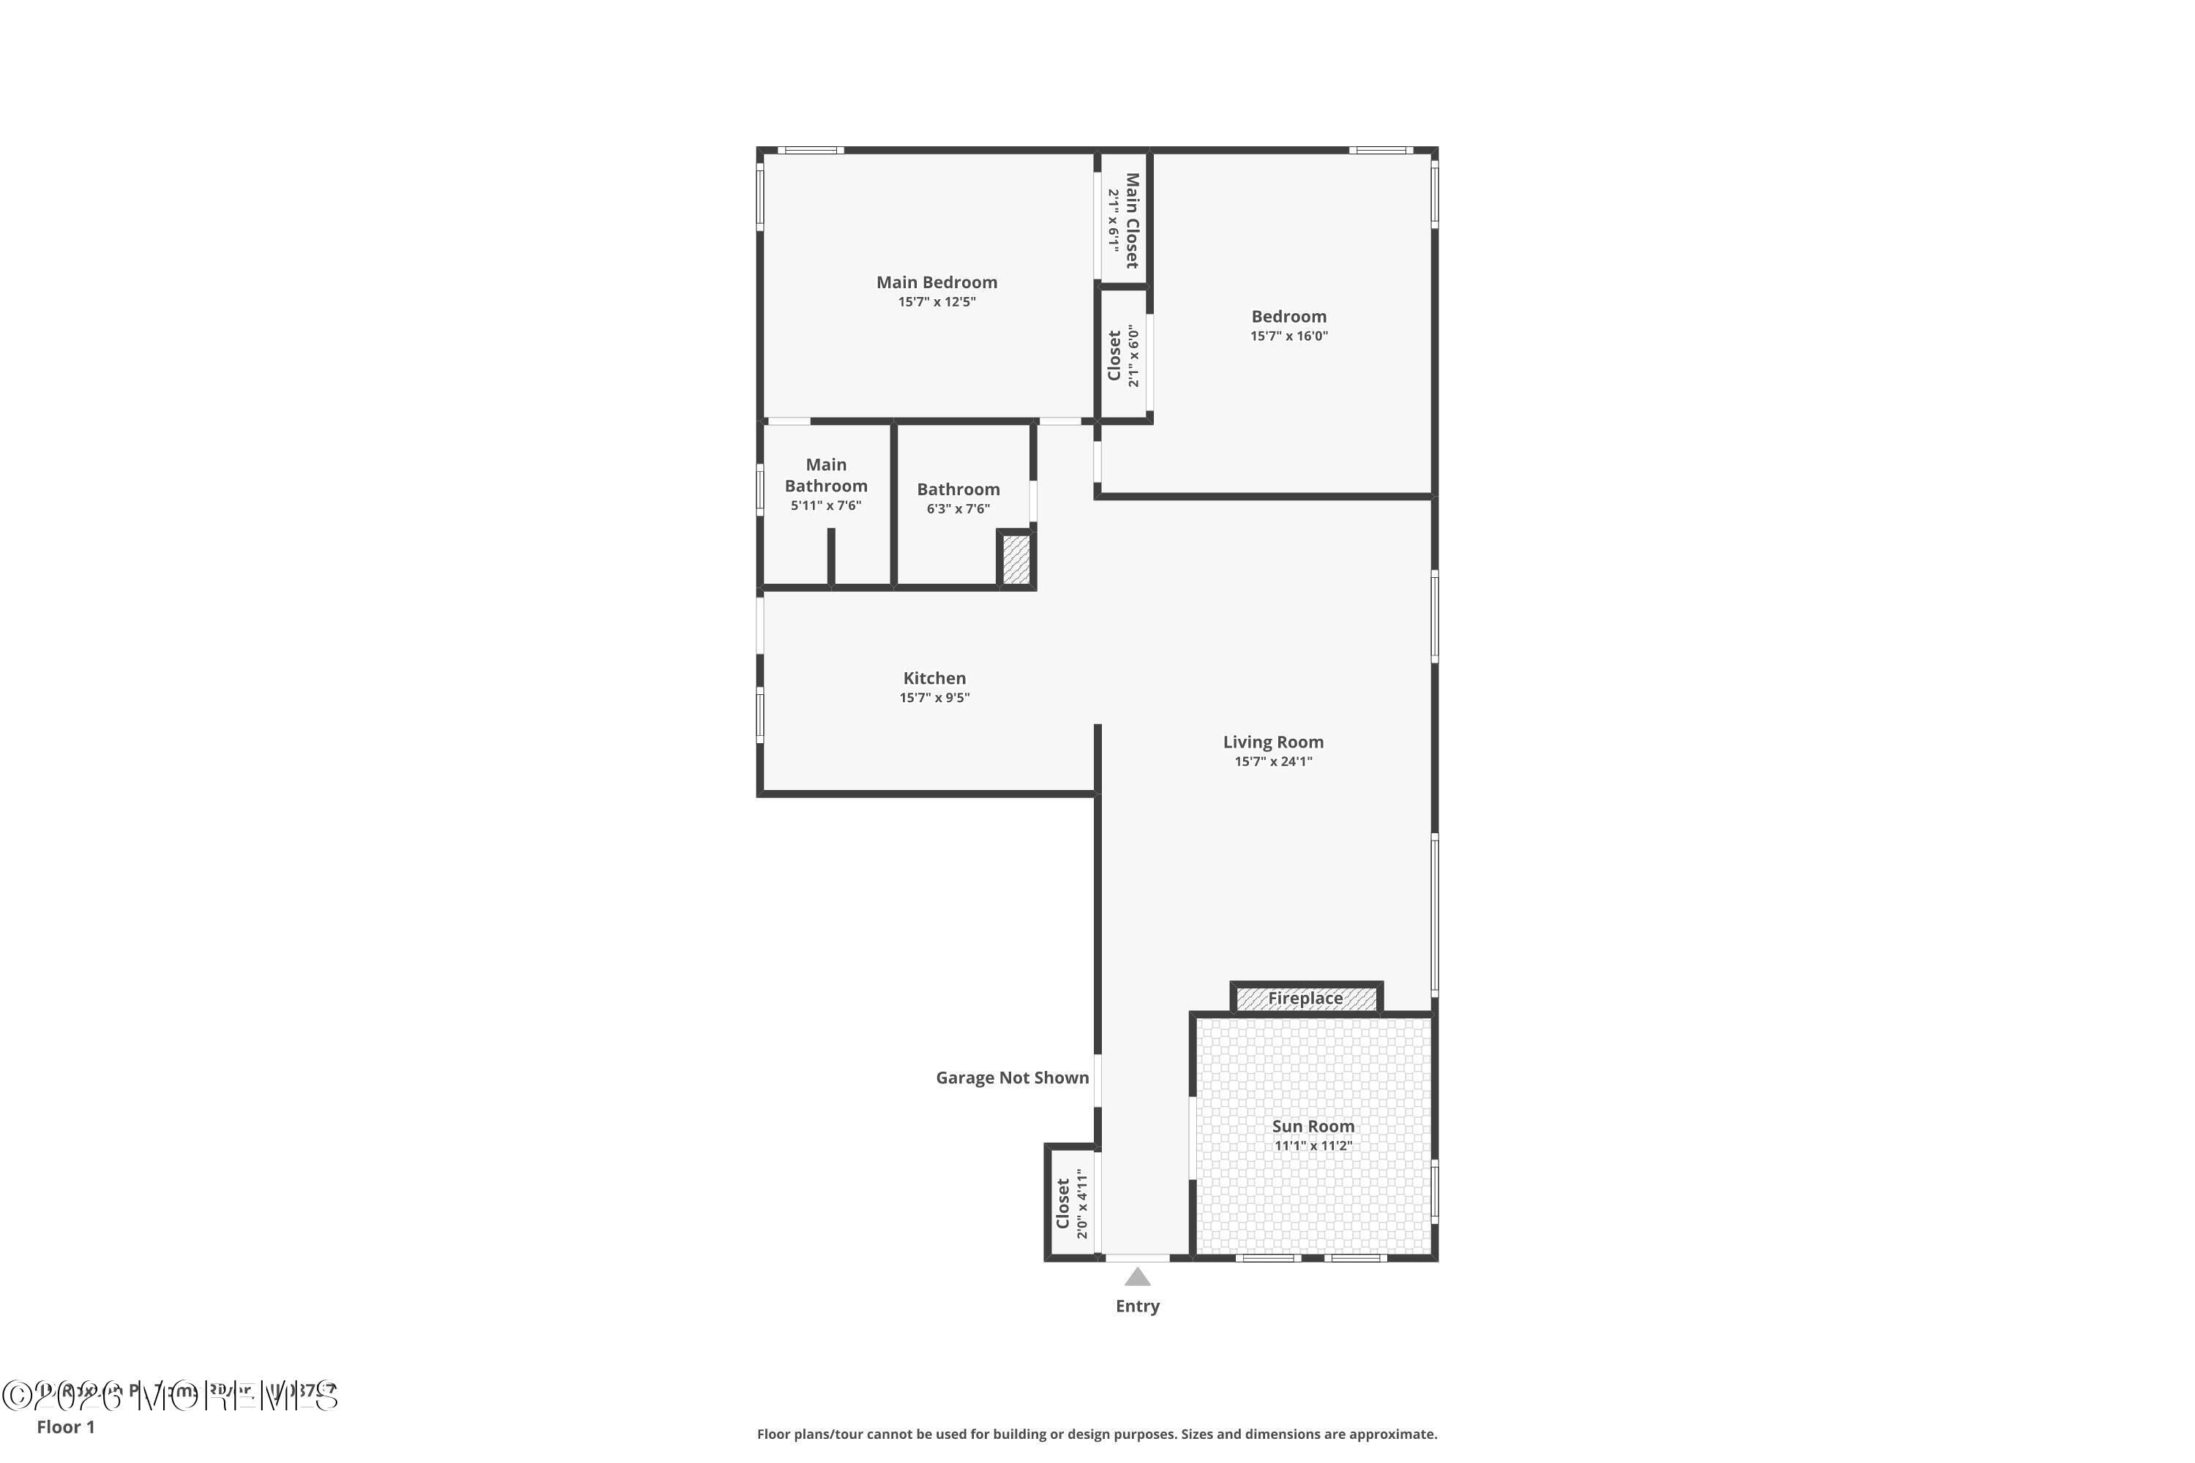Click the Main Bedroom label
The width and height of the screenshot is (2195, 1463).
(x=936, y=282)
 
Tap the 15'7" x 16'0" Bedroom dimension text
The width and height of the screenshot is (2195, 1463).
(x=1288, y=336)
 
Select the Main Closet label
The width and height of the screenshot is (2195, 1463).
(x=1132, y=221)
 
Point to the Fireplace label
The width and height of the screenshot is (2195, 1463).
(x=1305, y=998)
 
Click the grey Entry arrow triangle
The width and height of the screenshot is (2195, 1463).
(x=1137, y=1276)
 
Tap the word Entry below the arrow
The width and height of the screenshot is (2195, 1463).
(x=1137, y=1306)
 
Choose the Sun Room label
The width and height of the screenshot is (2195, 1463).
(x=1312, y=1127)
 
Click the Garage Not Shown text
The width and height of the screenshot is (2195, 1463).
(x=1012, y=1077)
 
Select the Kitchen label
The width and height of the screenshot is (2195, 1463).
(x=934, y=678)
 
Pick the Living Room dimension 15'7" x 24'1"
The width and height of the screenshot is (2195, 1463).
(x=1273, y=761)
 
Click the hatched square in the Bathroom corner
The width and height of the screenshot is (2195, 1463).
(x=1016, y=560)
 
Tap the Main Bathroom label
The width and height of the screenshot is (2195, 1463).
(x=826, y=475)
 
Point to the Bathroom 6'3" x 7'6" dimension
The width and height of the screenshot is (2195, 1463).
(x=958, y=508)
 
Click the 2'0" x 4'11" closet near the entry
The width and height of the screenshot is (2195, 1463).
(x=1071, y=1203)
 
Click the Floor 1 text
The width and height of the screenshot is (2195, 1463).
(x=65, y=1426)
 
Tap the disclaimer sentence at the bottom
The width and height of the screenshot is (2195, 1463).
(x=1097, y=1434)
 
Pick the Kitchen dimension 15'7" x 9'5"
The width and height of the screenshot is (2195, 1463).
(x=934, y=698)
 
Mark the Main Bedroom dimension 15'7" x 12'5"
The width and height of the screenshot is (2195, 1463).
(x=936, y=301)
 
